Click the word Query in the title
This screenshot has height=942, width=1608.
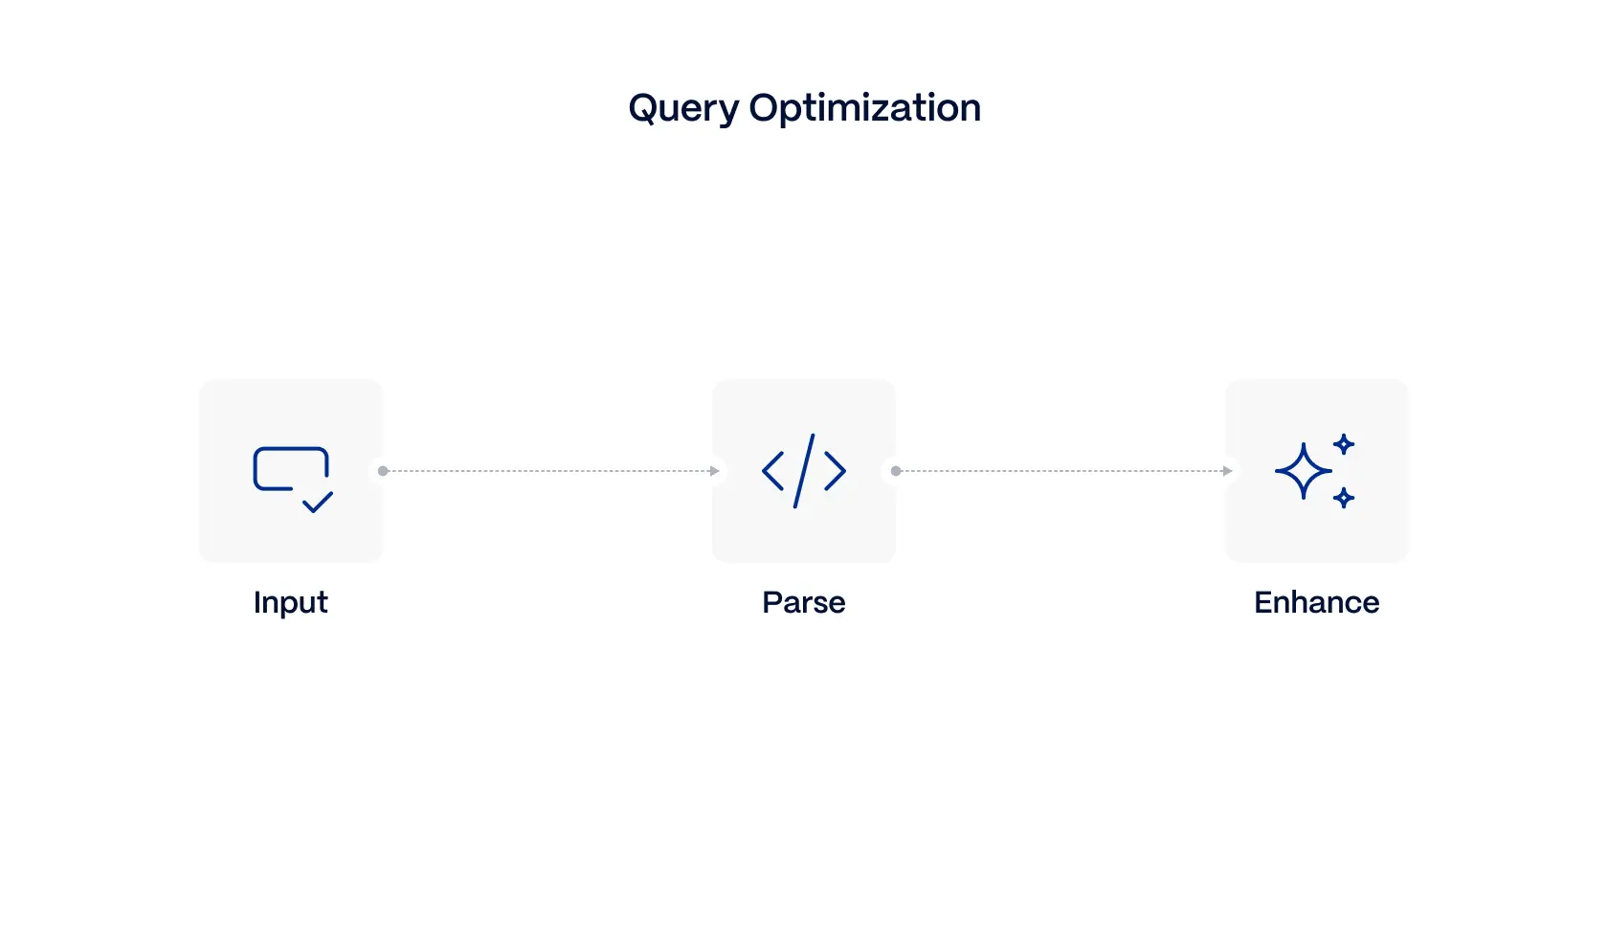point(682,108)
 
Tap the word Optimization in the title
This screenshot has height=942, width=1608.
point(864,108)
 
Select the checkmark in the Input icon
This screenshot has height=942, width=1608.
point(318,502)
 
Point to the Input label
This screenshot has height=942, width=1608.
point(291,602)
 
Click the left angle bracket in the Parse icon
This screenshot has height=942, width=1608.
point(773,471)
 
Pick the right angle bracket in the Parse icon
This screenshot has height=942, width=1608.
point(835,471)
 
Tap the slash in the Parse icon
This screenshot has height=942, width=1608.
point(804,471)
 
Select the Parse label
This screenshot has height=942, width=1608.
point(804,602)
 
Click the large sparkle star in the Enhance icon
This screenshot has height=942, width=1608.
point(1303,471)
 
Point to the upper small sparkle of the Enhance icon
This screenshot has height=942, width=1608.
point(1344,444)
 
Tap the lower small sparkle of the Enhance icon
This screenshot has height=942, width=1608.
point(1344,498)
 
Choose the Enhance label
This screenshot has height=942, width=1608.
point(1316,602)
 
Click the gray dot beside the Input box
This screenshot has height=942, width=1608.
point(383,471)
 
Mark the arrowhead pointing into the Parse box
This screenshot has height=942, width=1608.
point(715,471)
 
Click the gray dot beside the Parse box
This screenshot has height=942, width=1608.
point(896,471)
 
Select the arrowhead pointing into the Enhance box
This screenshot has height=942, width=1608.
point(1228,471)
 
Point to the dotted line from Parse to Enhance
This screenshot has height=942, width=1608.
point(1061,471)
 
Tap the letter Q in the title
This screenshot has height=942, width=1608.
point(643,108)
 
